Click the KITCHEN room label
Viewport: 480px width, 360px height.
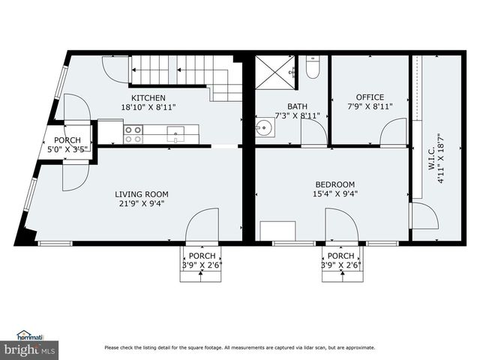click(148, 98)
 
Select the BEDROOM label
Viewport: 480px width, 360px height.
click(334, 184)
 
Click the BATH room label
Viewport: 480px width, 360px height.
click(297, 106)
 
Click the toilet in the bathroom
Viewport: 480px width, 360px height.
click(313, 69)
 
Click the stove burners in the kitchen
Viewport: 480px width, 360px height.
click(133, 134)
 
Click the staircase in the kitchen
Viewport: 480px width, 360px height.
click(187, 75)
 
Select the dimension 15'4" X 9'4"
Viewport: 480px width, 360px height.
click(334, 193)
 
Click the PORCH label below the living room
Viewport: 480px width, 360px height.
click(201, 256)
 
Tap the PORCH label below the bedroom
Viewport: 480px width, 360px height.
click(340, 256)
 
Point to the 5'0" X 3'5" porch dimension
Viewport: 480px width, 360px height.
click(68, 148)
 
